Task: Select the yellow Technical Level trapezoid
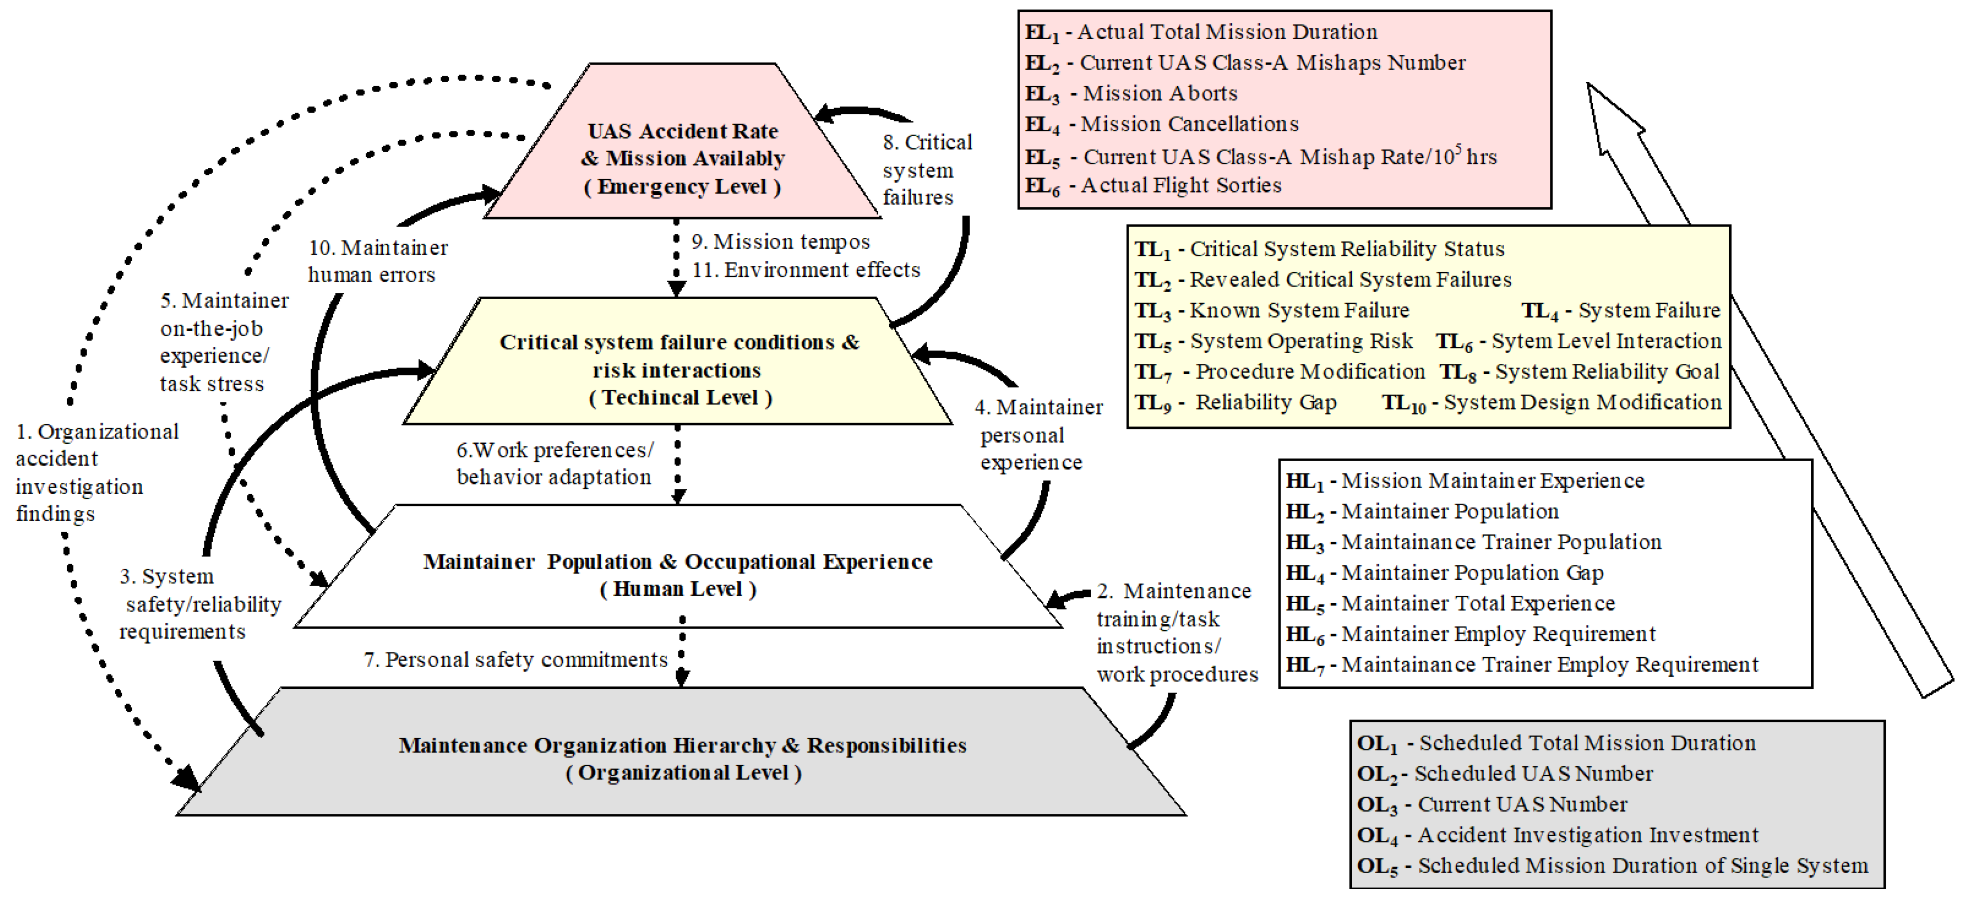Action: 678,369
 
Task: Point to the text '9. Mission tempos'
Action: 780,241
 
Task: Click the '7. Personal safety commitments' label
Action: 516,659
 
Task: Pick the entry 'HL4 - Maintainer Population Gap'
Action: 1444,572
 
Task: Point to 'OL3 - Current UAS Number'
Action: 1492,804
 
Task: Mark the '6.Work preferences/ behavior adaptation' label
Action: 554,463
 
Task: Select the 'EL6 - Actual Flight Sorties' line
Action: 1153,185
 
